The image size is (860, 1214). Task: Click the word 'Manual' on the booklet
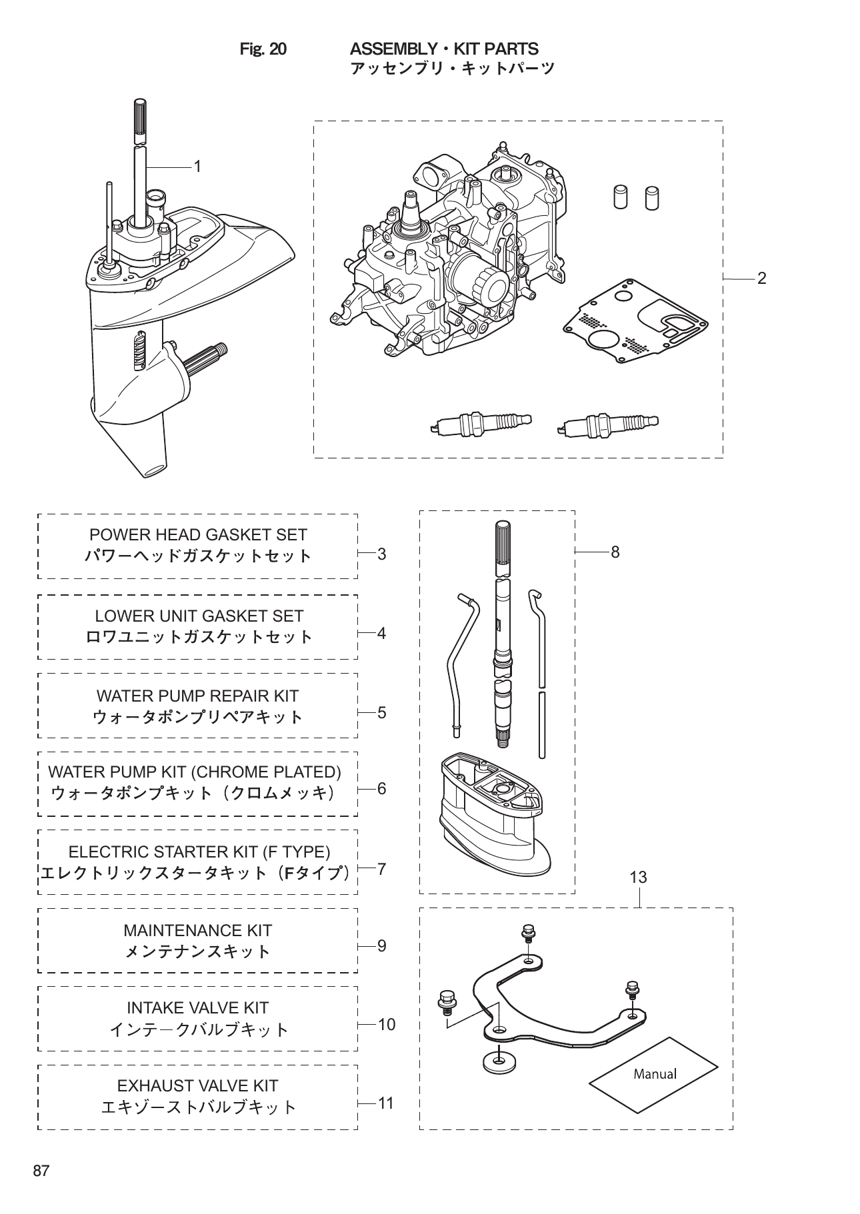point(654,1073)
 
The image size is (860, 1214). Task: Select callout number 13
point(638,878)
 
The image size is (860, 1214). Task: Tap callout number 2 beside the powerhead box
point(761,279)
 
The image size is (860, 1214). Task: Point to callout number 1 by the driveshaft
point(197,167)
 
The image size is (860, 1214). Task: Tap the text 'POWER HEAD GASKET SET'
point(198,535)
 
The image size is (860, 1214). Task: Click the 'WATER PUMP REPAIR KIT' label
point(197,696)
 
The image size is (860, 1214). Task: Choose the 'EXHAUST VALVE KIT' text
point(197,1086)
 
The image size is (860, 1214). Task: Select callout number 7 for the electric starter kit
point(381,869)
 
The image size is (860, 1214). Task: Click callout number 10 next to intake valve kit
point(386,1025)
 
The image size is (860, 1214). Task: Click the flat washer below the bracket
point(494,1061)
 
